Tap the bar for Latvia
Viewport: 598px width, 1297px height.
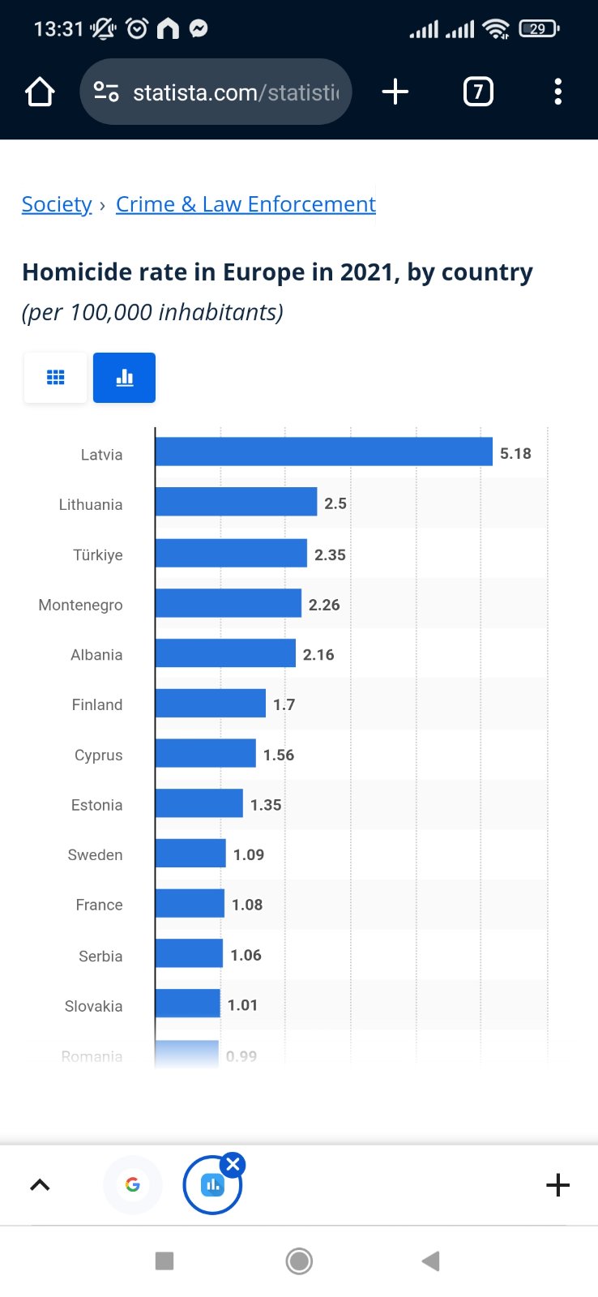323,452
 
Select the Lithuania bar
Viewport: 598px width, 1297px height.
236,502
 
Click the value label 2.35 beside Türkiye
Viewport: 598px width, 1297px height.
330,554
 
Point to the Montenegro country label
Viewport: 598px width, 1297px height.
80,605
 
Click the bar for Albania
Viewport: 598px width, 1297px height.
225,653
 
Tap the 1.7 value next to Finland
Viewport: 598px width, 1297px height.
284,704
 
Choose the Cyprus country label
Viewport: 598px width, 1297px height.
98,755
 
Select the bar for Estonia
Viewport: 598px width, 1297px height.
199,803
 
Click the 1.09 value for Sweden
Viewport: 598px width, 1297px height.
248,854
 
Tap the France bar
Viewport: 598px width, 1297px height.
190,904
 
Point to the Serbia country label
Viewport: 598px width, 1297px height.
100,956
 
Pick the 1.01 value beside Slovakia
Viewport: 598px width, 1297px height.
242,1005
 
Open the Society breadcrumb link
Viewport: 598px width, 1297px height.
57,204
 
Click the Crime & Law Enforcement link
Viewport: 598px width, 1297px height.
246,204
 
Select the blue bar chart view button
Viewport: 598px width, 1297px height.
124,378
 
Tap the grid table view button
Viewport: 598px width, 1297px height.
55,378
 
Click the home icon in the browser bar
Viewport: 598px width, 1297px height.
40,92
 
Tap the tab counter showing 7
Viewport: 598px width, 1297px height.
477,92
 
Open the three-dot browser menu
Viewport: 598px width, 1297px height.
557,92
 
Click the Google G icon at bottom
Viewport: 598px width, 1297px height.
133,1184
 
